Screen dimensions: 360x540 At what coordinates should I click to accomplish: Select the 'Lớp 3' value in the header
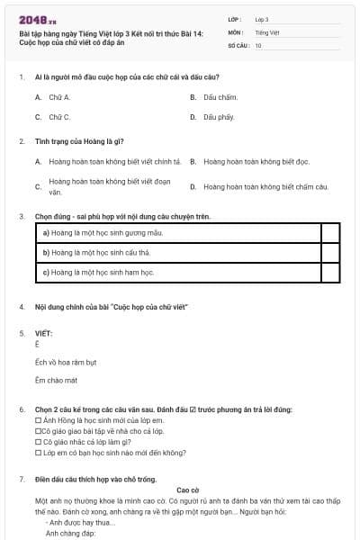tap(262, 19)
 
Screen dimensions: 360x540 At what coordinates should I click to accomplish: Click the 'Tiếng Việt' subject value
tap(267, 31)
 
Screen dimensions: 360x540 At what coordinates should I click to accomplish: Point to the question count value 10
tap(258, 44)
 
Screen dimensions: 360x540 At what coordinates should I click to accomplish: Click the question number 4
tap(22, 307)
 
